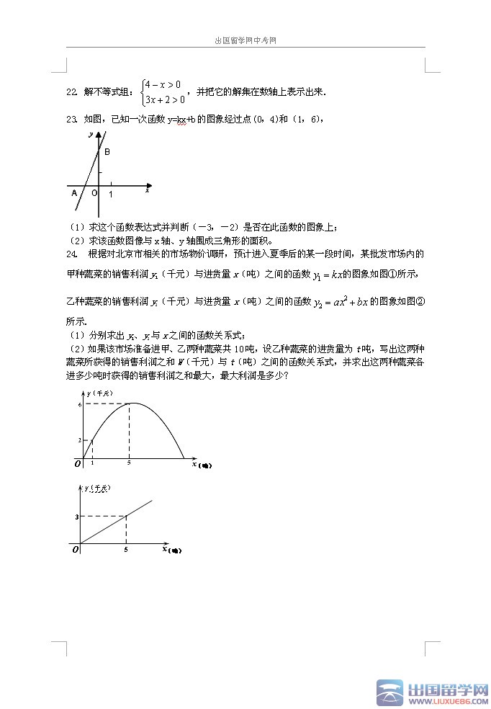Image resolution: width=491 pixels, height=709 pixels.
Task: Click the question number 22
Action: pos(71,92)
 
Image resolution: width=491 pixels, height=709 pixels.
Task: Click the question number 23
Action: pos(71,118)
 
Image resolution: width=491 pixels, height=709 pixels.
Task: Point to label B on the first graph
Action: pos(107,152)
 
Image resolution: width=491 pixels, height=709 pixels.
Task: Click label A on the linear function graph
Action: pos(73,192)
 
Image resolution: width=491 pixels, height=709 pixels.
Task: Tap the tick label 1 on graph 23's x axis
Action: pos(110,195)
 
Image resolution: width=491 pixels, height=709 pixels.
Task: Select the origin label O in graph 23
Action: pos(94,192)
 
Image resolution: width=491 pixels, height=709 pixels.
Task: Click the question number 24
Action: pos(71,254)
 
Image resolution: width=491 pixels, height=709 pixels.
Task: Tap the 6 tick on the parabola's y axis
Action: pos(80,405)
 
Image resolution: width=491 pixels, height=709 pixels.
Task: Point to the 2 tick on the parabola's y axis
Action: pos(80,440)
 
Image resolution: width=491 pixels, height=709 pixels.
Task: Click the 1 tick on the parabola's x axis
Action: pos(92,463)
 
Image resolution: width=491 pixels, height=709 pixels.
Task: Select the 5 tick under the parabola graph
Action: pos(129,463)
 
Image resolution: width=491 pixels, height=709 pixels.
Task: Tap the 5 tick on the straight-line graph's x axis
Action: pos(126,550)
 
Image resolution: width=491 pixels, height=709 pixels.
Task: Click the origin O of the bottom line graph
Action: pos(75,550)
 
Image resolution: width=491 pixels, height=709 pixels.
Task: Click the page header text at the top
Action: pos(245,41)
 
